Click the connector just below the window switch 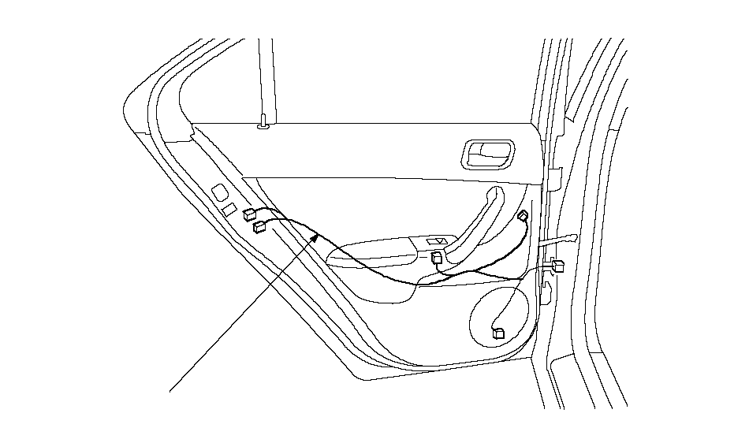[437, 256]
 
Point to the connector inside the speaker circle [497, 333]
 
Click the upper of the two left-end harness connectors [249, 214]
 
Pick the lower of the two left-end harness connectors [259, 227]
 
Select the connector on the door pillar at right [558, 266]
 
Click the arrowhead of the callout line [318, 236]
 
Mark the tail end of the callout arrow [171, 389]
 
